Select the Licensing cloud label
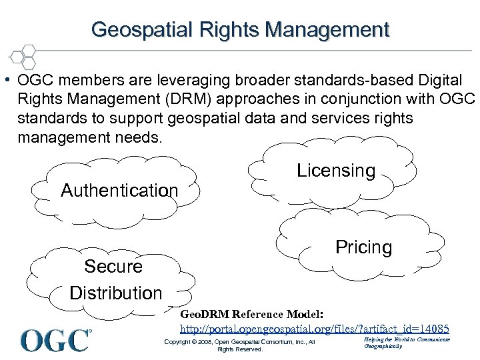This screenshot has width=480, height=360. pos(336,171)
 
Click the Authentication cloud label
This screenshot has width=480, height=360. pos(119,191)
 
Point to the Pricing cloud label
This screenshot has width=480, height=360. pos(363,247)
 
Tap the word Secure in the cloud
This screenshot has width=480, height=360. pos(113,267)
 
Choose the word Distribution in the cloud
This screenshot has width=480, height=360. pos(115,293)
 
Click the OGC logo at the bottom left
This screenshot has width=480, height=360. pos(55,340)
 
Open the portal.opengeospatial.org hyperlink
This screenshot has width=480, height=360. pos(315,329)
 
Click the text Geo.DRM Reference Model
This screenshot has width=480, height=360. pos(252,313)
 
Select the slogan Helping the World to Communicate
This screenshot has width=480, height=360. pos(407,340)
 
